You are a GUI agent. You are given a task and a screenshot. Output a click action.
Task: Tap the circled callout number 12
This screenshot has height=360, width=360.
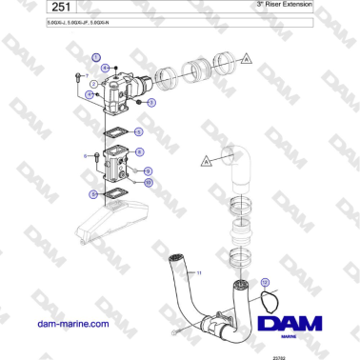tap(266, 282)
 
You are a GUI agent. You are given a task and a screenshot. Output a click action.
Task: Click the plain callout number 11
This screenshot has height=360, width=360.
tap(201, 272)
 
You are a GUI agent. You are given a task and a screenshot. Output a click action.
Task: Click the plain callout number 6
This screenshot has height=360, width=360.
tap(85, 156)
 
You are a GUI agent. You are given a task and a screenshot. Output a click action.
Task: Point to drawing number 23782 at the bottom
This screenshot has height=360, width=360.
tap(306, 354)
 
